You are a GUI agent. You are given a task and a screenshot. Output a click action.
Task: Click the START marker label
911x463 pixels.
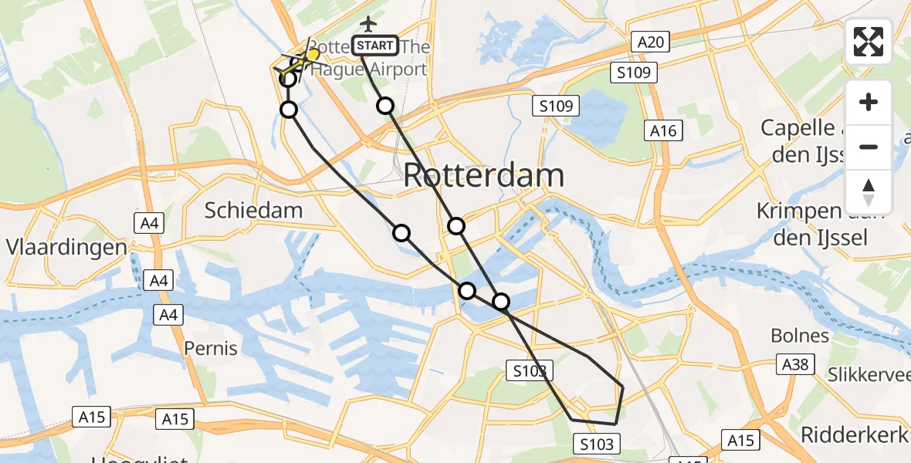376,46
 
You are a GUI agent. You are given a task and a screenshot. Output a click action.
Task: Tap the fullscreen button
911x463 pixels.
869,42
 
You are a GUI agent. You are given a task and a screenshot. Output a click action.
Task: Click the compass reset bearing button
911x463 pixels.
869,191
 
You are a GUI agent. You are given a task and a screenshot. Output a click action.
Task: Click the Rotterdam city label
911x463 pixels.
483,176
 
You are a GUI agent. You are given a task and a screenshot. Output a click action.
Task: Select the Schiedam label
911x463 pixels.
253,210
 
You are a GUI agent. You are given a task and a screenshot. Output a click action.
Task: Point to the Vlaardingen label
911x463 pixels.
66,248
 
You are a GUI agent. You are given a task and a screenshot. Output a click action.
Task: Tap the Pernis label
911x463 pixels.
211,348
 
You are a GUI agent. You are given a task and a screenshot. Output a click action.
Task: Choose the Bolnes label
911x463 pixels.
800,336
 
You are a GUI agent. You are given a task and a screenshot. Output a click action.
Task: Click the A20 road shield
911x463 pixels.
651,42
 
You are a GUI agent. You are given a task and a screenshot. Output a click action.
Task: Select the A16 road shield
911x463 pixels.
663,130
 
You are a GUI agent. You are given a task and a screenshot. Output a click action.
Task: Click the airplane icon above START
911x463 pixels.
368,24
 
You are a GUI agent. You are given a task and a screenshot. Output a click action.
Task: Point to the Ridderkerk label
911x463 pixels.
853,434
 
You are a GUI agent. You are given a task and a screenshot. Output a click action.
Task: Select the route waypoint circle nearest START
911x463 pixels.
384,106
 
